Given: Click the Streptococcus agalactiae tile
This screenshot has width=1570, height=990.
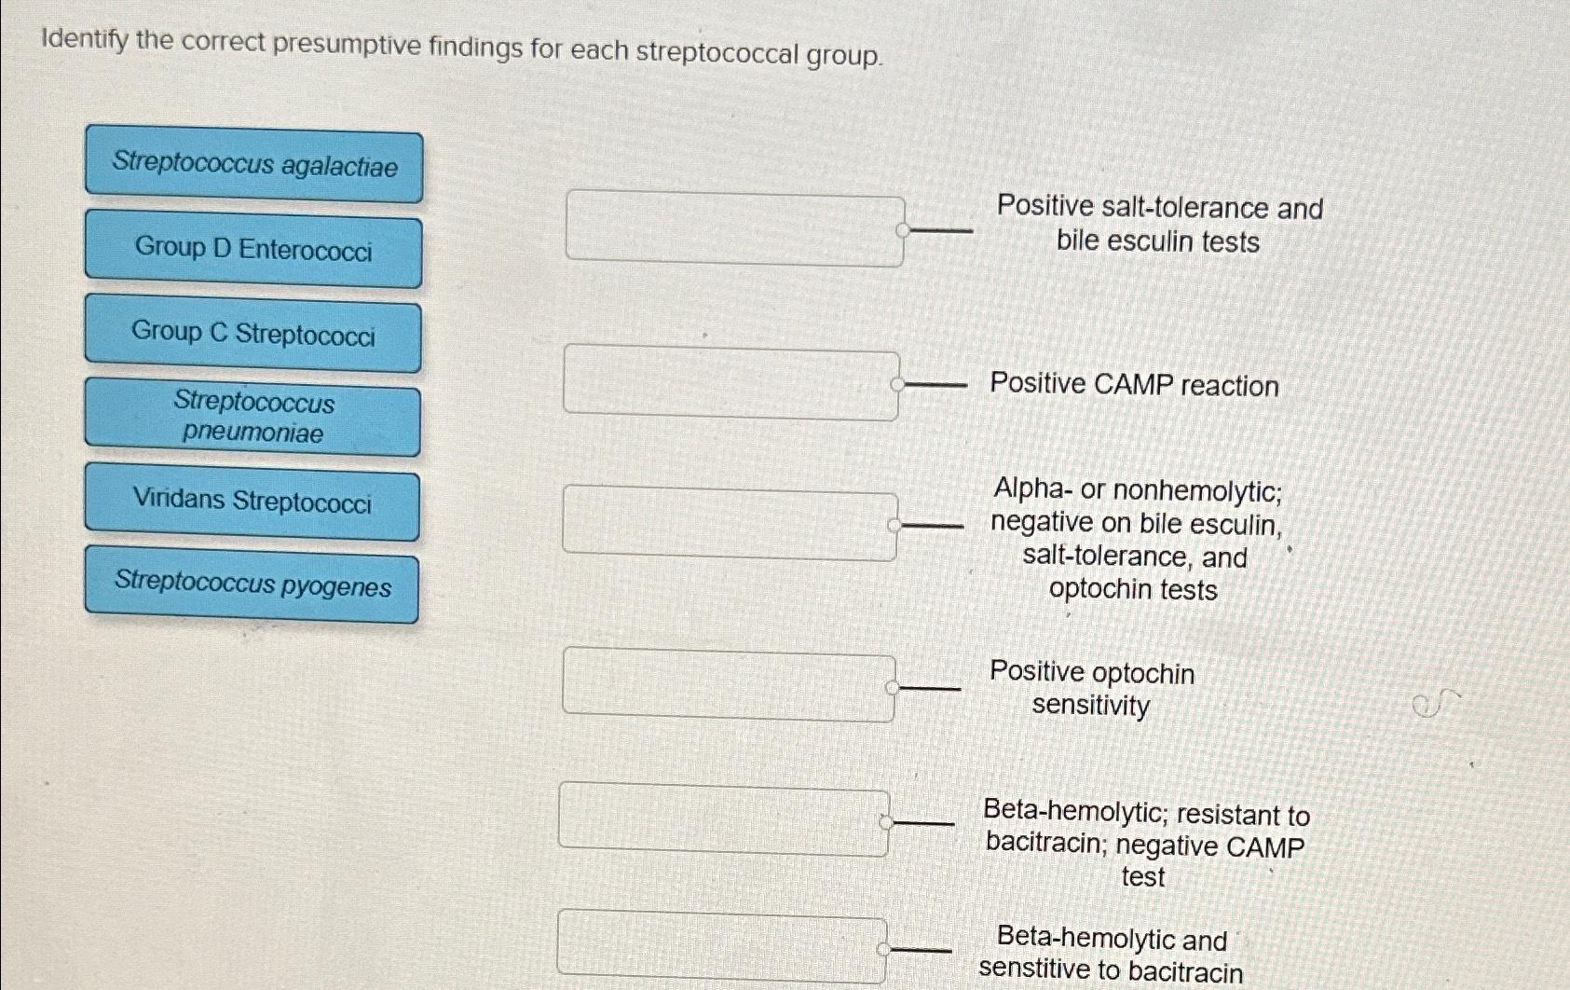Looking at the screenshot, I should pyautogui.click(x=253, y=166).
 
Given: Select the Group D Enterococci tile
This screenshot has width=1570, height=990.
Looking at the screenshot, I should pyautogui.click(x=253, y=249).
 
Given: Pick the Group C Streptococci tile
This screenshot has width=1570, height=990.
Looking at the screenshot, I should pyautogui.click(x=253, y=333).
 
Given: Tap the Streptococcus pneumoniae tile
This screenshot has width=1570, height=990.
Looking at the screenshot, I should pyautogui.click(x=253, y=417).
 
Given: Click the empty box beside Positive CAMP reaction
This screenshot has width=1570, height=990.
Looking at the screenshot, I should pyautogui.click(x=731, y=381).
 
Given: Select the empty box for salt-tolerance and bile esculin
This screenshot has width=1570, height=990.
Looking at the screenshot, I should pyautogui.click(x=734, y=227).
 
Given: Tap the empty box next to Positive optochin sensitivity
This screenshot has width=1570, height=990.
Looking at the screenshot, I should pyautogui.click(x=729, y=686).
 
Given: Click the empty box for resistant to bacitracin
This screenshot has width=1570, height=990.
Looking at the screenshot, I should pyautogui.click(x=724, y=819).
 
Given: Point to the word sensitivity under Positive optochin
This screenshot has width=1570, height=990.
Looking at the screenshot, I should pyautogui.click(x=1090, y=706).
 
